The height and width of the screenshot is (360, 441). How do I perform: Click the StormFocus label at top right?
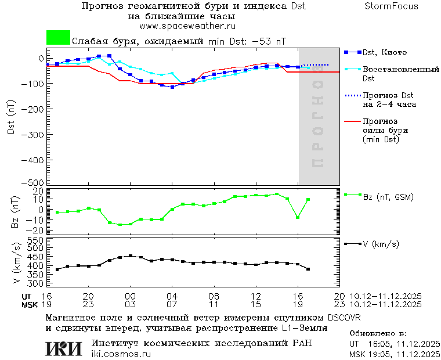click(391, 6)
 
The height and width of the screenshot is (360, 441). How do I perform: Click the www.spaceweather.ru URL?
click(187, 26)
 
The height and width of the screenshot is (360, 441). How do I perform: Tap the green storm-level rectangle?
click(58, 38)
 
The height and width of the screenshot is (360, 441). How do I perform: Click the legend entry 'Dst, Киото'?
click(385, 52)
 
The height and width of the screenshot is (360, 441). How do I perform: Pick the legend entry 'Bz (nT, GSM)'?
click(388, 197)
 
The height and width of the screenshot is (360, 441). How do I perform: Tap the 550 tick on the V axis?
click(36, 239)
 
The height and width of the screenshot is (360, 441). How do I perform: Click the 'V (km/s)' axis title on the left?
click(15, 264)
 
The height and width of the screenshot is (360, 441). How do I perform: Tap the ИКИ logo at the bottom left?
click(64, 348)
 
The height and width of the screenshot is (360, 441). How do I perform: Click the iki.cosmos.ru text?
click(121, 354)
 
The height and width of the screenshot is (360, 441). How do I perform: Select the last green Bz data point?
click(308, 200)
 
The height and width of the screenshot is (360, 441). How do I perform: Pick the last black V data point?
click(308, 269)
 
